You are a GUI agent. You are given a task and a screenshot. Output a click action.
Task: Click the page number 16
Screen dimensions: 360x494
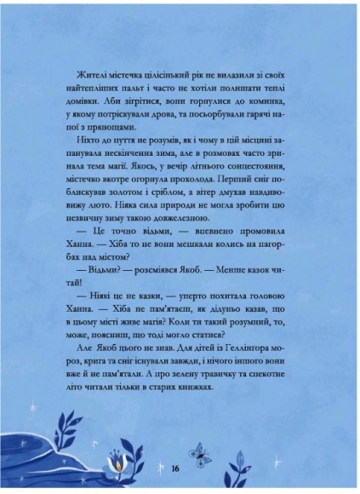coord(174,467)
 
